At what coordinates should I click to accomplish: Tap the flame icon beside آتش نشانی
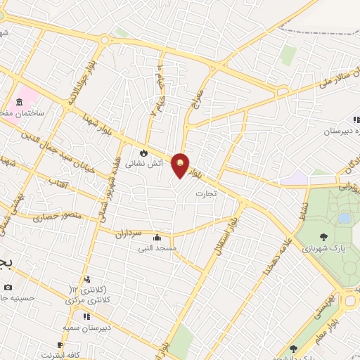144,153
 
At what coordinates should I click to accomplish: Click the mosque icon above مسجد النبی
156,237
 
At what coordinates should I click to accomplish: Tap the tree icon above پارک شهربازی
323,237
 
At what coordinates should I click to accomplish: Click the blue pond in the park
344,218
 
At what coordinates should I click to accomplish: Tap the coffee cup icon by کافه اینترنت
60,345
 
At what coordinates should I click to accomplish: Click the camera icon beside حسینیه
8,287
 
